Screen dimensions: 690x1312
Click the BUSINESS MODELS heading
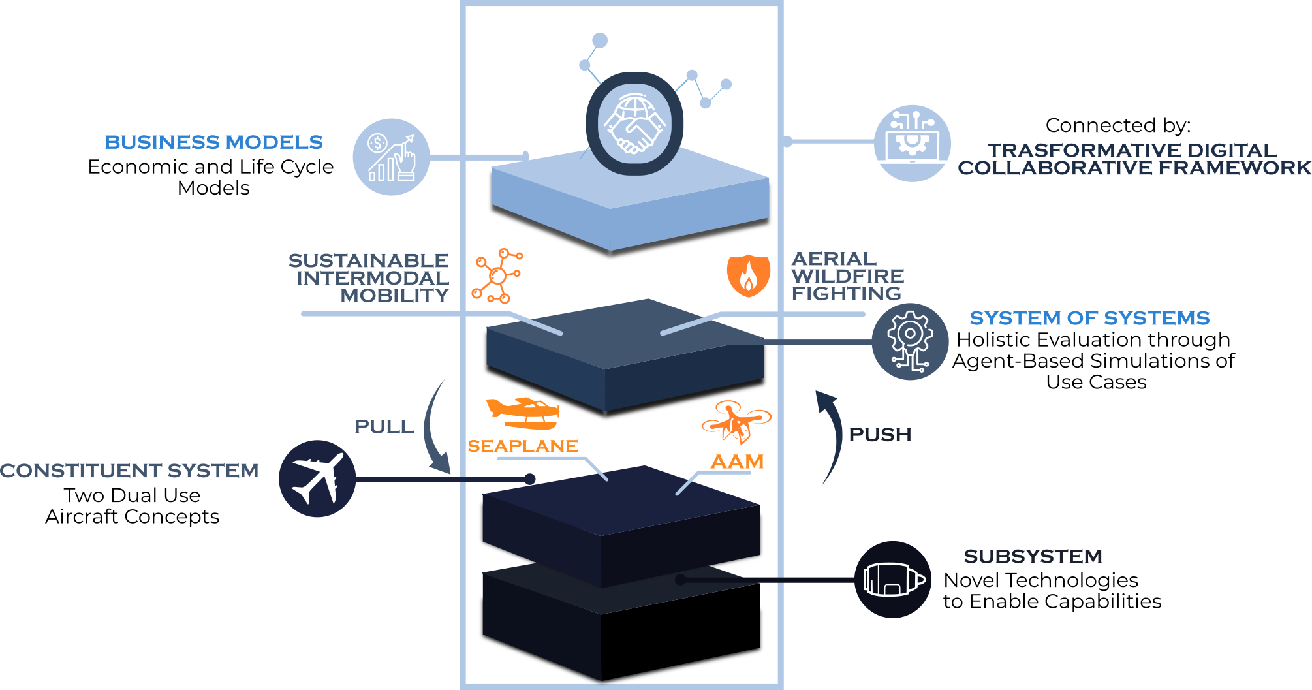[x=213, y=142]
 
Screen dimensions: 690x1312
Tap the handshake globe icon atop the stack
[x=634, y=123]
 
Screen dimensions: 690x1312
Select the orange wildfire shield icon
[x=748, y=275]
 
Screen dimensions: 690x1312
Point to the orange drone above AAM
[x=736, y=422]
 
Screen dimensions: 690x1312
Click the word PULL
[x=384, y=427]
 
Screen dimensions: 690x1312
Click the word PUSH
[x=879, y=435]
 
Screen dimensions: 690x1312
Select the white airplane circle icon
[x=317, y=478]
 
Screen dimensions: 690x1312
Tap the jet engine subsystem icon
[x=893, y=579]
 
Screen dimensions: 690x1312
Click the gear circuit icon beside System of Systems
[x=910, y=341]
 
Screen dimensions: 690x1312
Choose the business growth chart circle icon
[x=391, y=157]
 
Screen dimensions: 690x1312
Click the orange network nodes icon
[x=497, y=275]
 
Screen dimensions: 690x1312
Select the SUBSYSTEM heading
[x=1033, y=557]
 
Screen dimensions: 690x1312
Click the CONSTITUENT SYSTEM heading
[x=129, y=471]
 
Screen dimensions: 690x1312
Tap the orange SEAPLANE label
[x=522, y=447]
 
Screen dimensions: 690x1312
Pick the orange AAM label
[x=737, y=462]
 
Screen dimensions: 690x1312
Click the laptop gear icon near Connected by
[x=912, y=143]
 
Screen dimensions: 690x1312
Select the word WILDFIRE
[x=847, y=276]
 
